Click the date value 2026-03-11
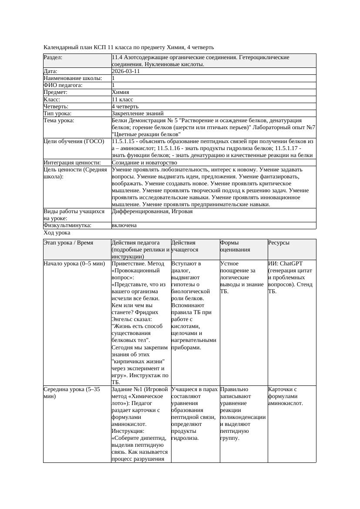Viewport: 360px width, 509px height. pyautogui.click(x=126, y=71)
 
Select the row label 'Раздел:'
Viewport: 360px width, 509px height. pyautogui.click(x=53, y=57)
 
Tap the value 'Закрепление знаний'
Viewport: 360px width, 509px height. pyautogui.click(x=135, y=113)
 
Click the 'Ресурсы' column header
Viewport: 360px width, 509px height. pyautogui.click(x=279, y=243)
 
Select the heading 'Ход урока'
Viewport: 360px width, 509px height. pyautogui.click(x=57, y=233)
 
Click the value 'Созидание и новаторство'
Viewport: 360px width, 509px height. pyautogui.click(x=142, y=162)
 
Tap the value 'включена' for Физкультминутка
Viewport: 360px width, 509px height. pyautogui.click(x=124, y=225)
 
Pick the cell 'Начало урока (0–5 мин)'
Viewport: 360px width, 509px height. pyautogui.click(x=74, y=264)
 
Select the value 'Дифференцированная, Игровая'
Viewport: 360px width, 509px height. pyautogui.click(x=152, y=211)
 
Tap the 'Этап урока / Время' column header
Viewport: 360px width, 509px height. pyautogui.click(x=68, y=243)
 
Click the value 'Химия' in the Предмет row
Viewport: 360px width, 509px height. pyautogui.click(x=120, y=92)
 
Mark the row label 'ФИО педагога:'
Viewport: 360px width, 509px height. pyautogui.click(x=63, y=85)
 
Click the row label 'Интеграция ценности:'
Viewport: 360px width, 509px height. pyautogui.click(x=72, y=162)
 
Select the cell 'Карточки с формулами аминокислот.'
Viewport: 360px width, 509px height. pyautogui.click(x=286, y=396)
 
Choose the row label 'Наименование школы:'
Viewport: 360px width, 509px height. pyautogui.click(x=73, y=78)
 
